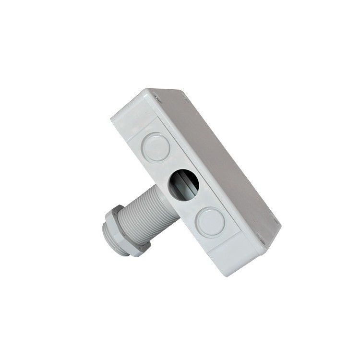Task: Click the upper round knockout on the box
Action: [156, 146]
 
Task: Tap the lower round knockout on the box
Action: [211, 222]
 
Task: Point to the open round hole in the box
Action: [183, 185]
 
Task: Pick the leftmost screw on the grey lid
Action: [156, 97]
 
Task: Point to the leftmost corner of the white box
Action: [112, 117]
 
